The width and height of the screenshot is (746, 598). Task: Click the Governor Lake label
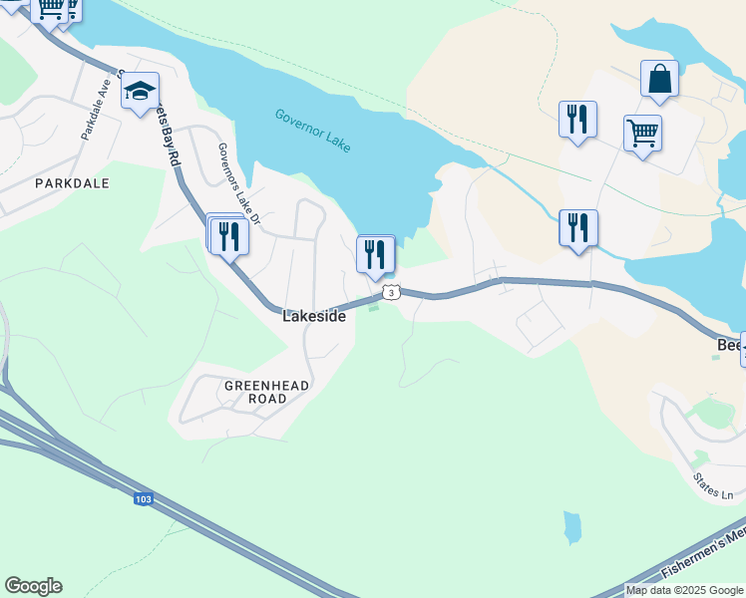click(313, 130)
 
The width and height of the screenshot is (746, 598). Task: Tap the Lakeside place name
click(314, 316)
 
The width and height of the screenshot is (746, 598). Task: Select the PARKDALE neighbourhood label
click(71, 183)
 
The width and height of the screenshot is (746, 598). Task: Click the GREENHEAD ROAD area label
click(266, 392)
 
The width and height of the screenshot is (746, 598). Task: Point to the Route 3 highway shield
click(391, 292)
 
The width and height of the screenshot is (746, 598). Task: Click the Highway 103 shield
click(144, 497)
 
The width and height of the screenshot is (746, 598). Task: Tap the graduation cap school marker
click(141, 93)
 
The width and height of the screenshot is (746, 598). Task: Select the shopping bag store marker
click(659, 79)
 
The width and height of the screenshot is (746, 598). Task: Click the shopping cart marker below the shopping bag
click(642, 133)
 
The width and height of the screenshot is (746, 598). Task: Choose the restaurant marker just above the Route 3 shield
click(375, 253)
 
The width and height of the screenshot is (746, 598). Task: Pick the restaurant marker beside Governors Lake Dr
click(230, 236)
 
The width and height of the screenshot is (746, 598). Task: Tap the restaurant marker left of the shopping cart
click(577, 120)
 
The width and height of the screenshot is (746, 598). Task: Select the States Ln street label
click(713, 487)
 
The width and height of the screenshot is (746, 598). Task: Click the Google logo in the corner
click(33, 586)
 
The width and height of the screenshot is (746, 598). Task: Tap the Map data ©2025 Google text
click(685, 590)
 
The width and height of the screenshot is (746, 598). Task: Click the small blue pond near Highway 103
click(571, 527)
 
